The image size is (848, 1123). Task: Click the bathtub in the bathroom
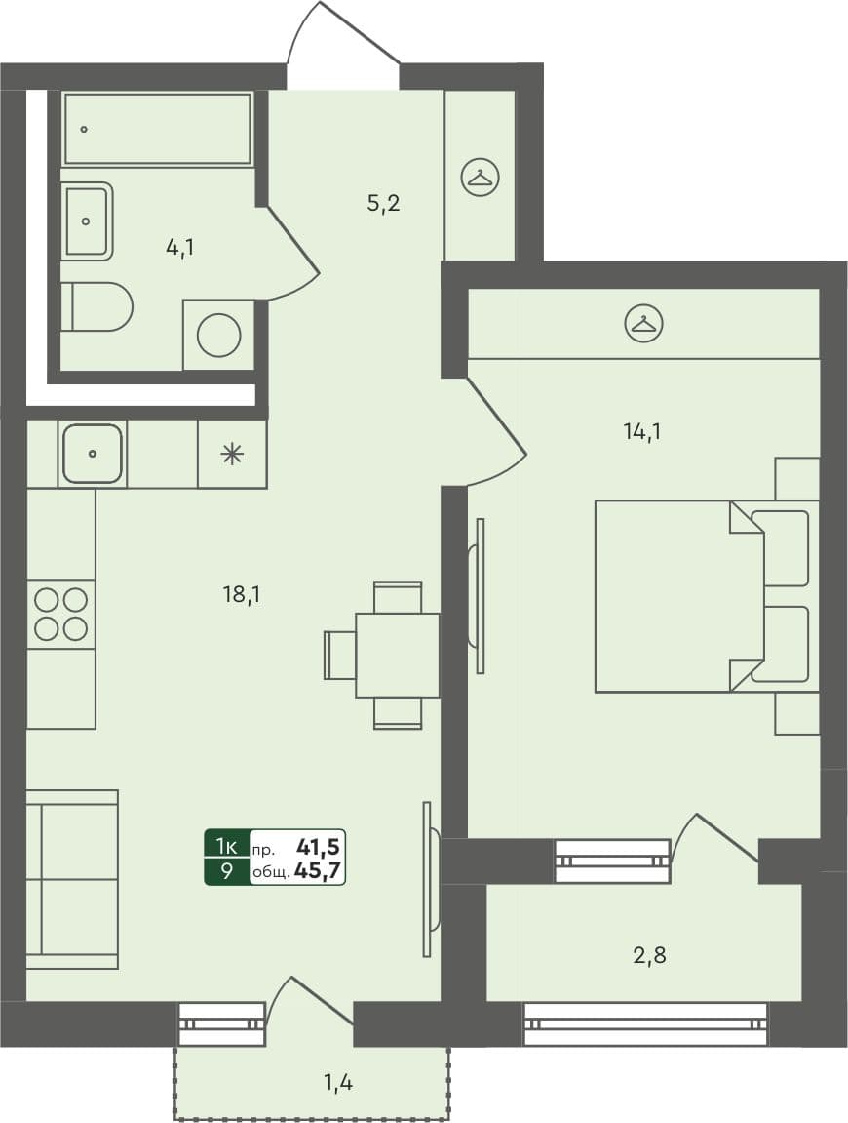158,129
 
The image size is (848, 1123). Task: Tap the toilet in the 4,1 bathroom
97,307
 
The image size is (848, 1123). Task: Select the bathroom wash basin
88,221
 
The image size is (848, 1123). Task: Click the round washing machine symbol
218,336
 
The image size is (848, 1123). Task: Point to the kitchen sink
93,454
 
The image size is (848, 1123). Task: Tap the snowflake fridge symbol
232,454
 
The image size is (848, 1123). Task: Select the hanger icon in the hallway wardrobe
480,178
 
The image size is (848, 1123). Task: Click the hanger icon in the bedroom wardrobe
643,323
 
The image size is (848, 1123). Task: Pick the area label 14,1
642,430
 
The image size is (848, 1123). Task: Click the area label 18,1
241,592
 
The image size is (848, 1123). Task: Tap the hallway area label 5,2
383,204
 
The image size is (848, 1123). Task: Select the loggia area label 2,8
650,955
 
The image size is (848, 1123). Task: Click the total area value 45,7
318,871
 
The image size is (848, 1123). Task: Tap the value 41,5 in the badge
319,846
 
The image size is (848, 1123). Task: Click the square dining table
398,655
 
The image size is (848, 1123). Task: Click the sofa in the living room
72,879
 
